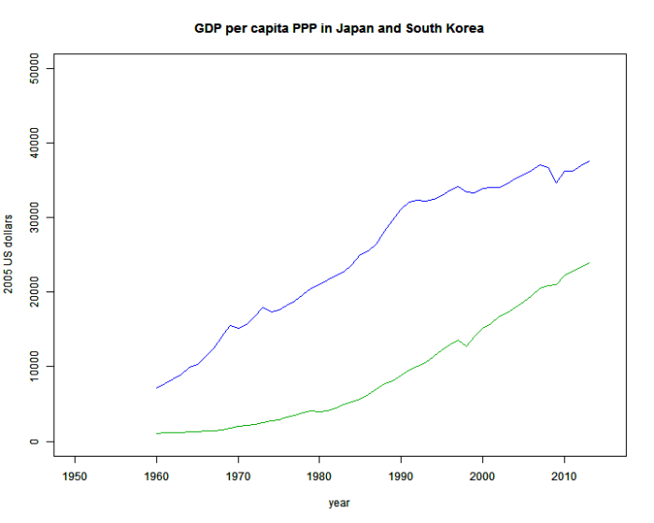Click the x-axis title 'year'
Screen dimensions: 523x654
[x=339, y=503]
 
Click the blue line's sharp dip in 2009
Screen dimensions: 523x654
[x=556, y=182]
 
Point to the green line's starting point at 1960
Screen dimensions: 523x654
[x=157, y=433]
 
